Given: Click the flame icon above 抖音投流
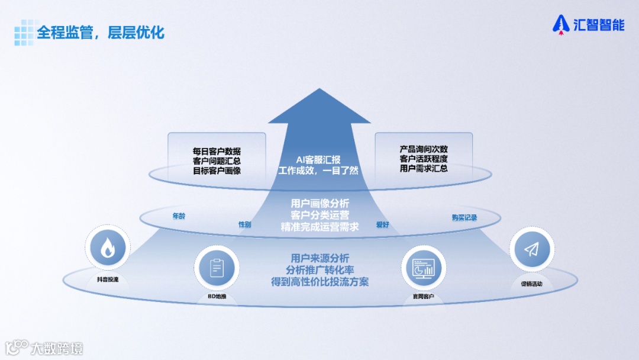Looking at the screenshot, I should pyautogui.click(x=107, y=249).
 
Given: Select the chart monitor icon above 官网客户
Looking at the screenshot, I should pyautogui.click(x=423, y=267).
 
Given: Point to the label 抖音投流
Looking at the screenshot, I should pyautogui.click(x=107, y=279).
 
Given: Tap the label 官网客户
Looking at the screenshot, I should pyautogui.click(x=423, y=297).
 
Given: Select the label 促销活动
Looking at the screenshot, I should pyautogui.click(x=531, y=284).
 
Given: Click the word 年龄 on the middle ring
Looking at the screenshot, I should pyautogui.click(x=179, y=217).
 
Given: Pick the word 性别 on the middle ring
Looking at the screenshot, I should pyautogui.click(x=244, y=225).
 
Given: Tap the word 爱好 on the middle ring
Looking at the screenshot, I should pyautogui.click(x=383, y=225).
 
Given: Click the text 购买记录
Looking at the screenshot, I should pyautogui.click(x=464, y=217).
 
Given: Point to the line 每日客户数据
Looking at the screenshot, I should pyautogui.click(x=217, y=151).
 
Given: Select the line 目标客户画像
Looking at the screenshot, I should pyautogui.click(x=217, y=171).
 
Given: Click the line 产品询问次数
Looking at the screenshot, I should pyautogui.click(x=424, y=149).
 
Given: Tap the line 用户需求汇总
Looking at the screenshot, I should pyautogui.click(x=424, y=168).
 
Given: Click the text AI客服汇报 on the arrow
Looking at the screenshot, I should pyautogui.click(x=318, y=160).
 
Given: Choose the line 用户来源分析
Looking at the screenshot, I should pyautogui.click(x=319, y=258).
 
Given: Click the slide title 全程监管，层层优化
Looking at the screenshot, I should pyautogui.click(x=101, y=32).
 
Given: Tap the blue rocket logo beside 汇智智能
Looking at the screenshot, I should pyautogui.click(x=560, y=24).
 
